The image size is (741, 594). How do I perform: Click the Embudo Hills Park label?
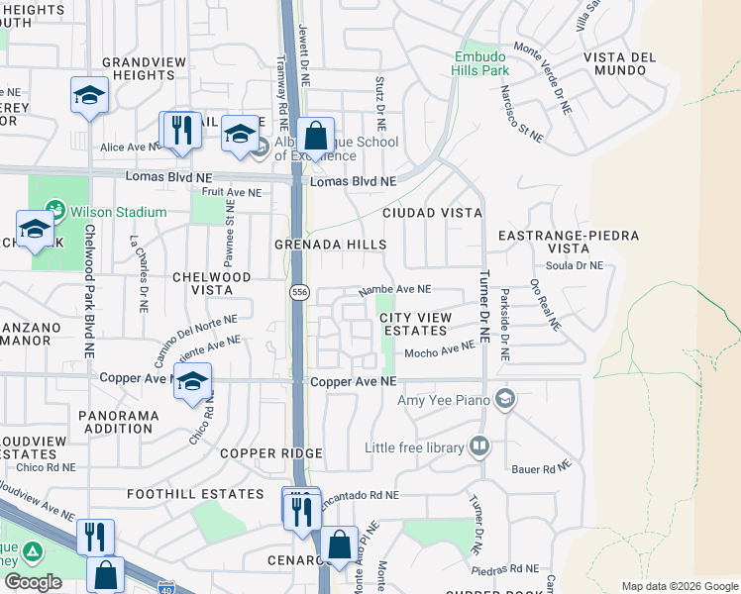click(481, 63)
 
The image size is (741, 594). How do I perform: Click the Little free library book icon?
click(480, 446)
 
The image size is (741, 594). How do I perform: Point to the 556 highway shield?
click(300, 293)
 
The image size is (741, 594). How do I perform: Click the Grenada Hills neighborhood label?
click(332, 244)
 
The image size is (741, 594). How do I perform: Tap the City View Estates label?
click(416, 324)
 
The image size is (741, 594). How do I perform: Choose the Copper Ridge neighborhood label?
click(271, 453)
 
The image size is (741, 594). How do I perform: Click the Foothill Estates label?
click(182, 493)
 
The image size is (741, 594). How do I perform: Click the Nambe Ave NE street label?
click(394, 290)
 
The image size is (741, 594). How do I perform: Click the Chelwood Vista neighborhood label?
click(212, 283)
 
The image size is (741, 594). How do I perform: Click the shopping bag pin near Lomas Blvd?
click(315, 137)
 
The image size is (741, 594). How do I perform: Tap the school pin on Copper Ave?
click(192, 381)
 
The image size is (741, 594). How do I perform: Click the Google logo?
click(33, 582)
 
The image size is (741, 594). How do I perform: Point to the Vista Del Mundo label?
click(620, 64)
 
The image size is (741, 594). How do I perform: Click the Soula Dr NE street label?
click(575, 265)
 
